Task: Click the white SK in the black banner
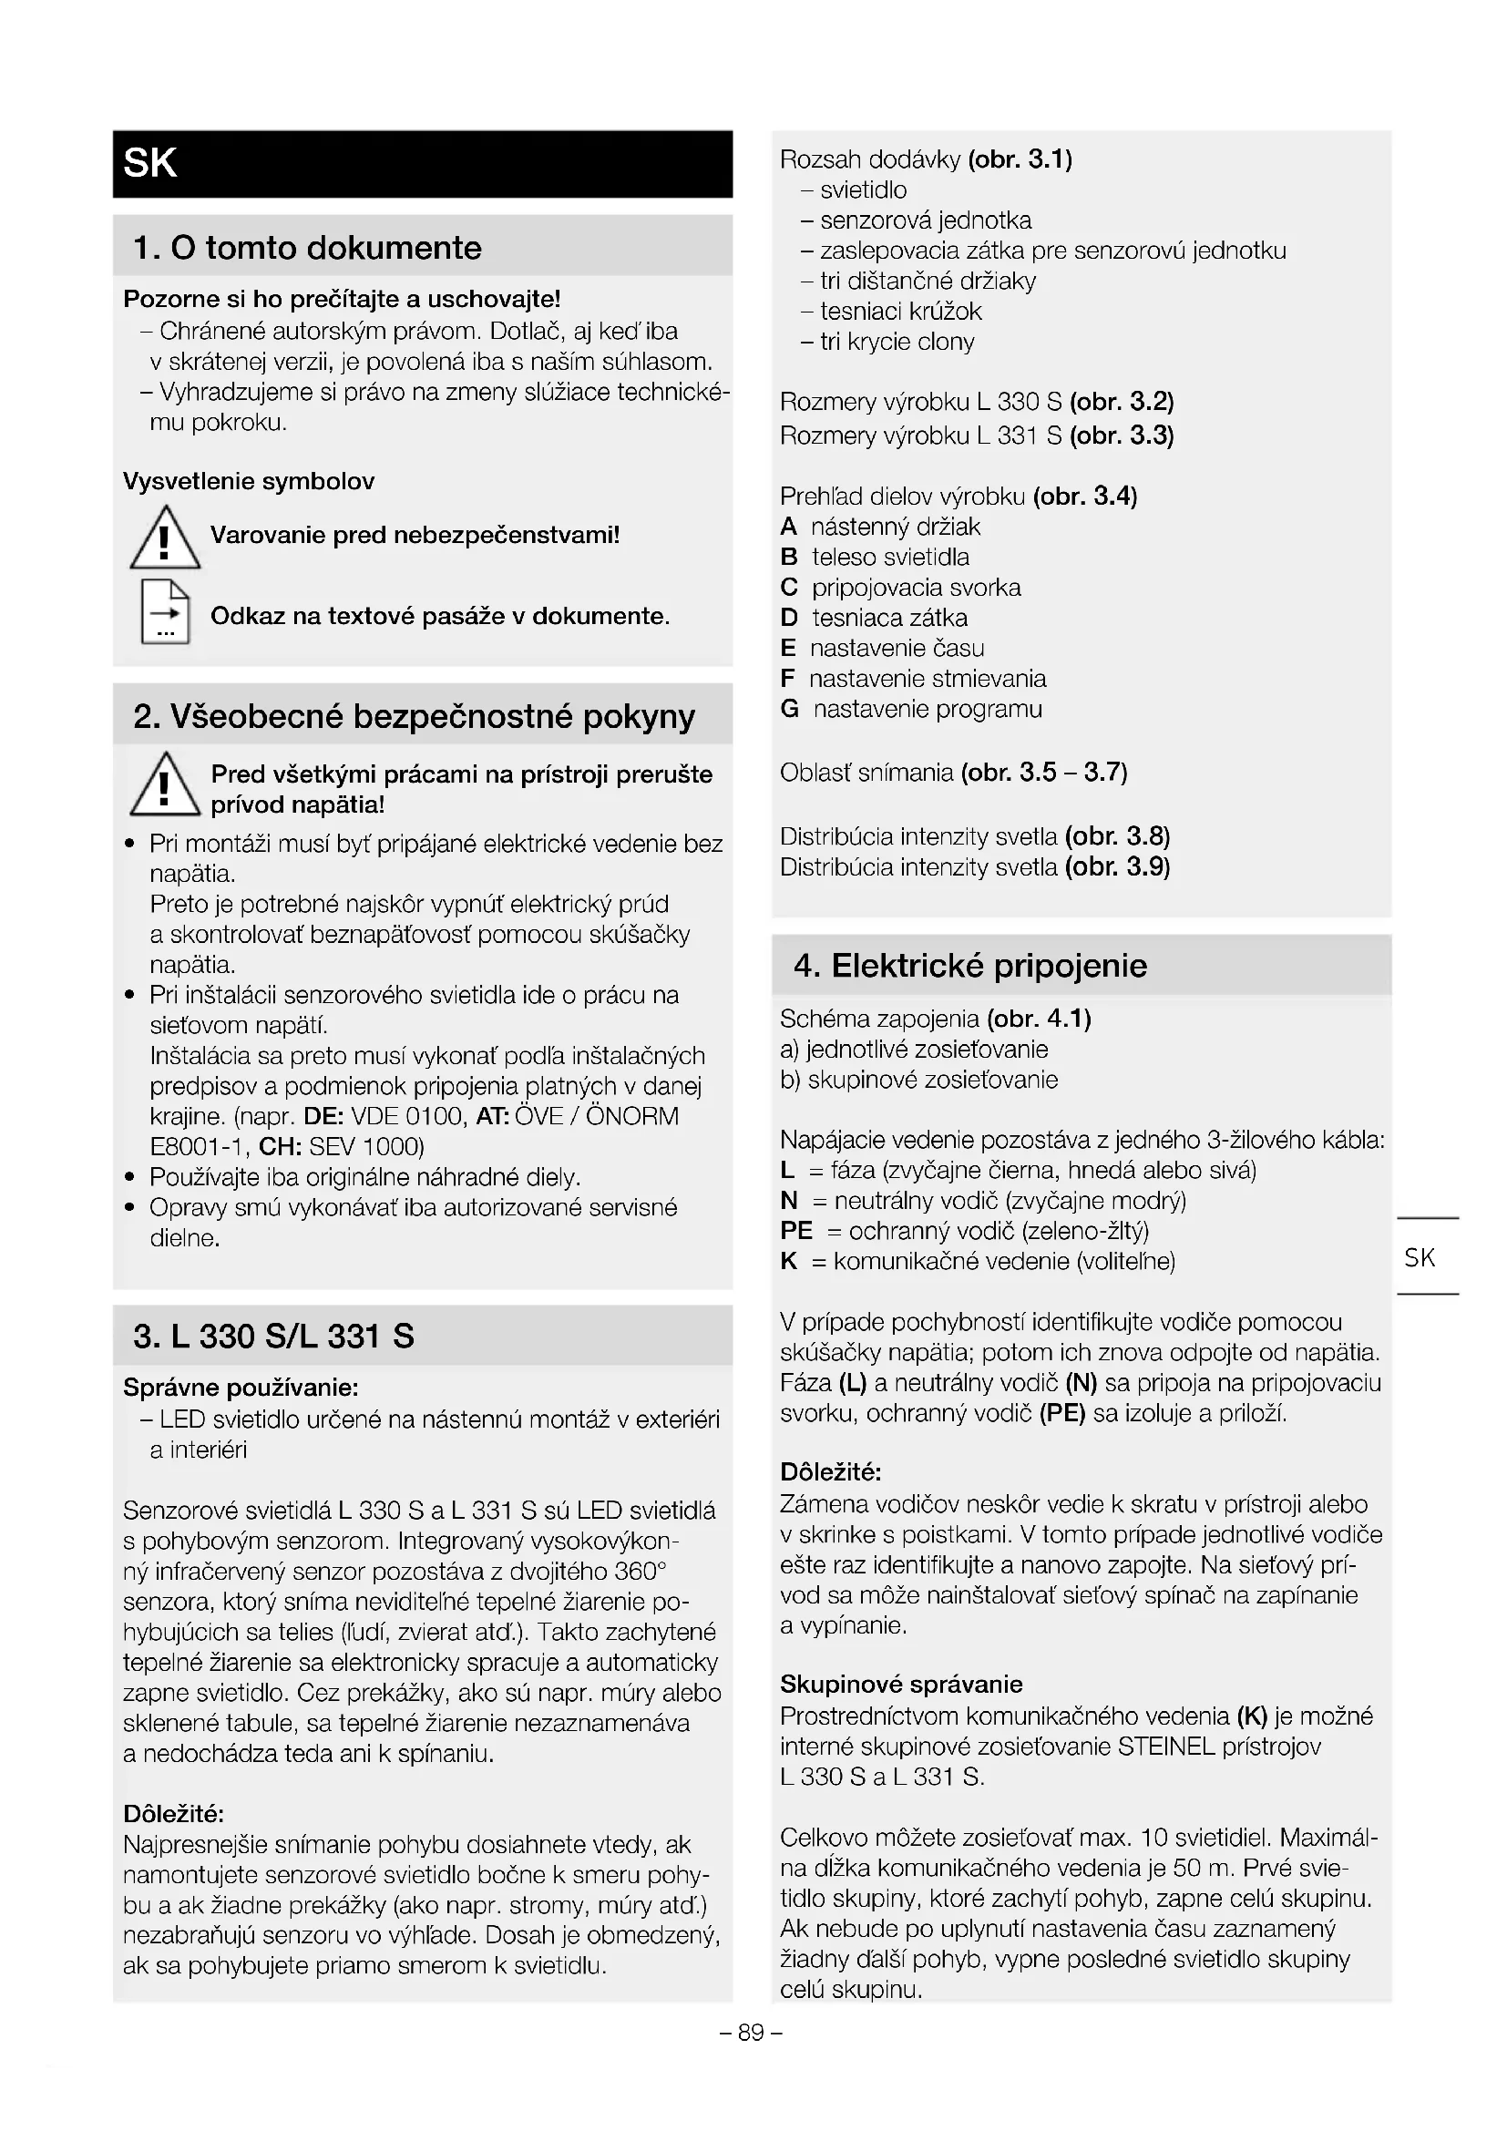(x=149, y=163)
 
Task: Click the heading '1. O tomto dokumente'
(x=307, y=248)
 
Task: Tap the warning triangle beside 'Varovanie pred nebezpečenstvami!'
(x=164, y=538)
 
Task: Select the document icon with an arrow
(x=165, y=611)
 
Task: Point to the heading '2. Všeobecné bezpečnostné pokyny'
(x=414, y=715)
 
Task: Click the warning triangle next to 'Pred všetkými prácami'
(x=164, y=785)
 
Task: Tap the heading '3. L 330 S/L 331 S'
(x=273, y=1336)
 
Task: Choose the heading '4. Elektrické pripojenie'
(x=969, y=965)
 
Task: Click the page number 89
(x=751, y=2033)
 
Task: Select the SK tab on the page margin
(x=1419, y=1257)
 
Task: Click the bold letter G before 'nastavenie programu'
(x=790, y=709)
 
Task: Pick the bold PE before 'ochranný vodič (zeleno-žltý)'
(x=796, y=1231)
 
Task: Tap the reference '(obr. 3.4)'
(x=1085, y=497)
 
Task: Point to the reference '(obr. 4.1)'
(x=1040, y=1019)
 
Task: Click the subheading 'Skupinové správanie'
(x=901, y=1685)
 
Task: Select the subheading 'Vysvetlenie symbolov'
(x=249, y=481)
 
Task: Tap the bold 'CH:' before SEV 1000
(x=281, y=1146)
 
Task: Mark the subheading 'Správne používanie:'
(x=241, y=1388)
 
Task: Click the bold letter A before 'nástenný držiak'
(x=789, y=528)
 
